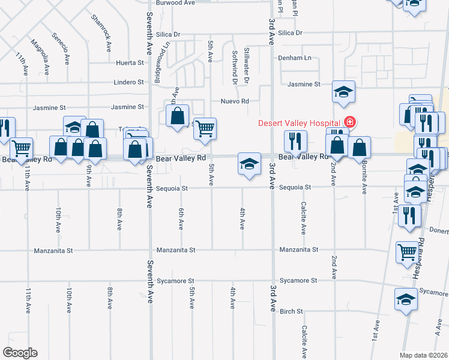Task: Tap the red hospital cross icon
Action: (x=348, y=122)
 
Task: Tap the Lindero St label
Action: (x=129, y=82)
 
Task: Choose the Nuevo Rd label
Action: (x=235, y=101)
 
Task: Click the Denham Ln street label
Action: (x=295, y=58)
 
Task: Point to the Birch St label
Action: (x=291, y=311)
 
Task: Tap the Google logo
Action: (x=20, y=353)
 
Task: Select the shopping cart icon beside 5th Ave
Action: (x=205, y=128)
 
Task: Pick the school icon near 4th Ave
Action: (x=249, y=163)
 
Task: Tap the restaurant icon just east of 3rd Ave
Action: (x=295, y=141)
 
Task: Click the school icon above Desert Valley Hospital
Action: (x=343, y=92)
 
